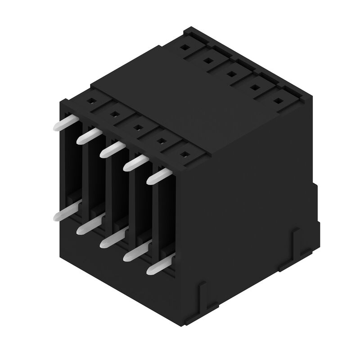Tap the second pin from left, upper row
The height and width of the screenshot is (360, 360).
pos(87,136)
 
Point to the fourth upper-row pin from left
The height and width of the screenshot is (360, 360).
pos(134,163)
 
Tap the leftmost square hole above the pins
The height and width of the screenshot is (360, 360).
pos(91,101)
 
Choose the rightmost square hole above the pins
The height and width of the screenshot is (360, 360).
pos(184,154)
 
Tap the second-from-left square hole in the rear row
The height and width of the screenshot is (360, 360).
pos(208,60)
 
